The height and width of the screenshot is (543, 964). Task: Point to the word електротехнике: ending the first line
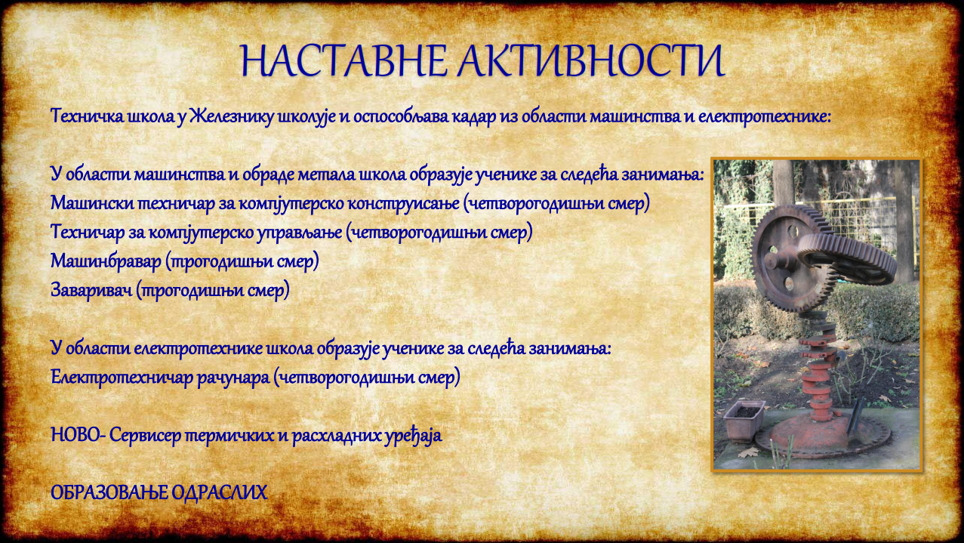(764, 116)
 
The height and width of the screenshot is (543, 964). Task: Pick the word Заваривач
(91, 290)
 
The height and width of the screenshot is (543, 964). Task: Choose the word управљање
(300, 233)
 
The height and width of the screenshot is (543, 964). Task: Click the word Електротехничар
(122, 378)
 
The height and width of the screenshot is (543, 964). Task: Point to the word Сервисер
(145, 436)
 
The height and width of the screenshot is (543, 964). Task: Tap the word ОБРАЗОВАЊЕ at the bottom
(109, 493)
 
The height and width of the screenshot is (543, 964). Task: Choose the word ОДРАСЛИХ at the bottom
(220, 493)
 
